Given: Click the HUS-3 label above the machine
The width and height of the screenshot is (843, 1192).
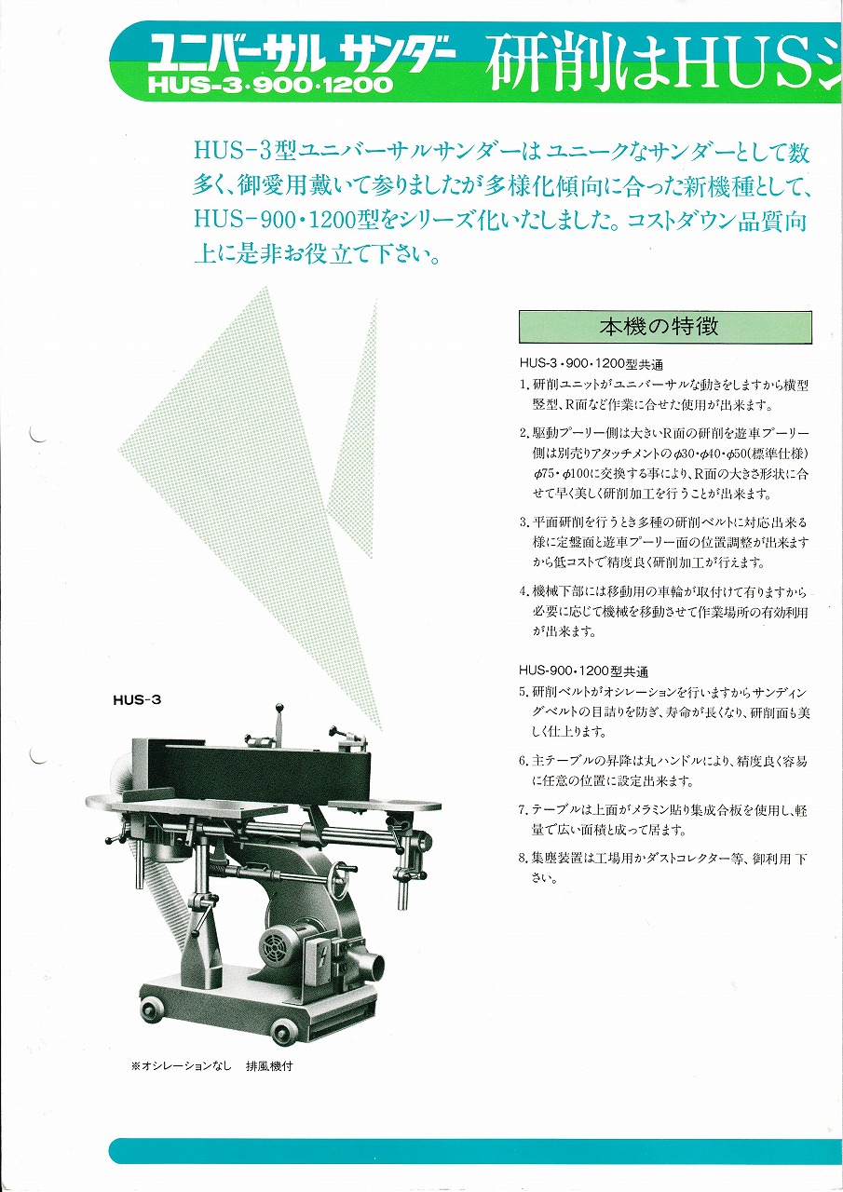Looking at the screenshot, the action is [137, 699].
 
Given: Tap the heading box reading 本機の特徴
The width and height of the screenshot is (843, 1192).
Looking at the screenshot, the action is [665, 327].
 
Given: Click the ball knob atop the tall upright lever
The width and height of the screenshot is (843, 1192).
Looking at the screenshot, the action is [278, 708].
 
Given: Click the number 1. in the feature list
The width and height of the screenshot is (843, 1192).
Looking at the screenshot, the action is [524, 385].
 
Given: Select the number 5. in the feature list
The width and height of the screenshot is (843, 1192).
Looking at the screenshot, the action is [524, 692].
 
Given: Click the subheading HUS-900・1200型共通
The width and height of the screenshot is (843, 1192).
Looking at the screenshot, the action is [584, 671].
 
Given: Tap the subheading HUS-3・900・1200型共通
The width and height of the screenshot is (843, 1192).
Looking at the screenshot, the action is [591, 364].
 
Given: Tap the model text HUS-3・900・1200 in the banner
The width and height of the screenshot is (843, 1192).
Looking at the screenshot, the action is [270, 85].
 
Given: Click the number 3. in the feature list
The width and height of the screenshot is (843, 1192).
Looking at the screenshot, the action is [524, 522].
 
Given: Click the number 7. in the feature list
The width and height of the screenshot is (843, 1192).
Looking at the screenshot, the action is [524, 810].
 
